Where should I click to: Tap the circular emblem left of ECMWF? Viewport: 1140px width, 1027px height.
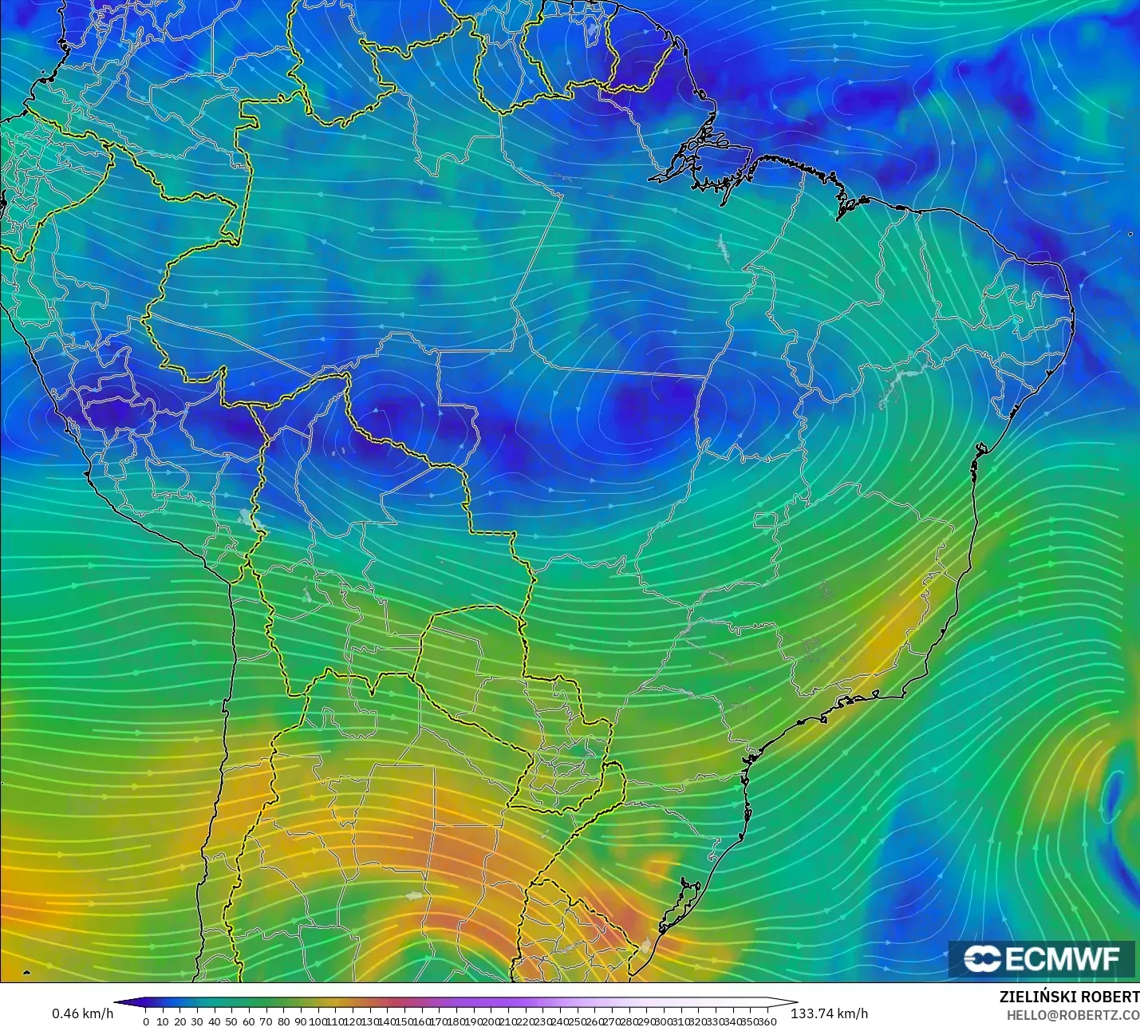[982, 958]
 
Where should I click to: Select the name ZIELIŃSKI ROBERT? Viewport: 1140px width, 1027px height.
[1069, 997]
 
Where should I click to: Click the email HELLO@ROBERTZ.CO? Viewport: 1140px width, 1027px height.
[1072, 1015]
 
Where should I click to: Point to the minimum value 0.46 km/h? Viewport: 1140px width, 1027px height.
[83, 1013]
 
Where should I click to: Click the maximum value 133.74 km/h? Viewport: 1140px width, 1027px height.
[829, 1013]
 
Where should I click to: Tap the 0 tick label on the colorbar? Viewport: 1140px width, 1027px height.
[145, 1021]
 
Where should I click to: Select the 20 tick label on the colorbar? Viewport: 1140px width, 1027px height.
[179, 1021]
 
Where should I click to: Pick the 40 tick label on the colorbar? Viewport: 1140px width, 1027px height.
[214, 1021]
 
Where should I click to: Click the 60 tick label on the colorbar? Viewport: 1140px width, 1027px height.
[248, 1021]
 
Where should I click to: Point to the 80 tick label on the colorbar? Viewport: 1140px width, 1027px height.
[283, 1021]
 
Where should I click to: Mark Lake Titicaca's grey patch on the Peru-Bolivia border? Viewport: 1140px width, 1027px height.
[254, 519]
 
